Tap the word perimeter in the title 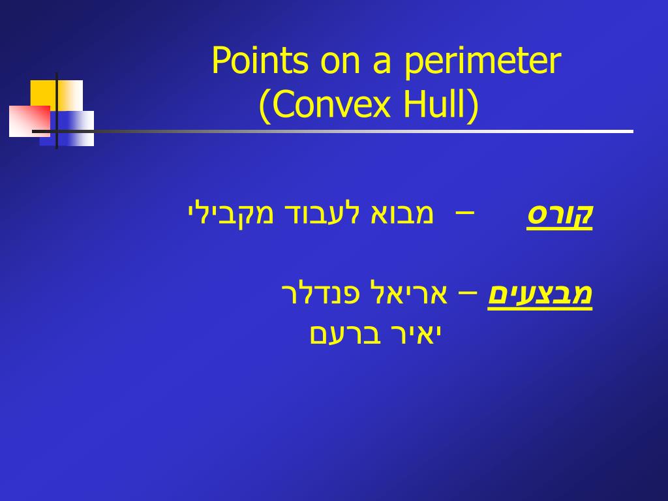(x=482, y=62)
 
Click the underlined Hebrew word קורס (x=560, y=215)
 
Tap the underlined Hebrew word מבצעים (x=540, y=294)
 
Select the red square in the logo (x=29, y=121)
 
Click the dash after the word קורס (x=464, y=213)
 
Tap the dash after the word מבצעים (x=468, y=293)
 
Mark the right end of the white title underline (x=631, y=131)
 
